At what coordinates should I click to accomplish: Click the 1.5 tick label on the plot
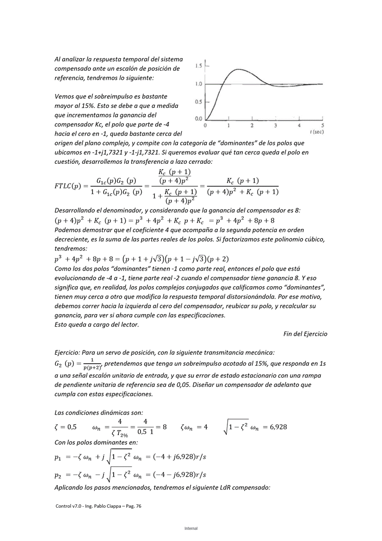[x=198, y=66]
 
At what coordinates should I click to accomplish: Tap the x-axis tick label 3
[x=276, y=125]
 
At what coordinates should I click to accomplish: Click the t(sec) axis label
[x=317, y=132]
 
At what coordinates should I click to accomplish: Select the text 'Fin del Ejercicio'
[x=305, y=334]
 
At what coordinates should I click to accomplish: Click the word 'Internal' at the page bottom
[x=191, y=528]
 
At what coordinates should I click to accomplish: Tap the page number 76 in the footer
[x=138, y=506]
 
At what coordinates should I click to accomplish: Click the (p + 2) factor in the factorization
[x=218, y=259]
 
